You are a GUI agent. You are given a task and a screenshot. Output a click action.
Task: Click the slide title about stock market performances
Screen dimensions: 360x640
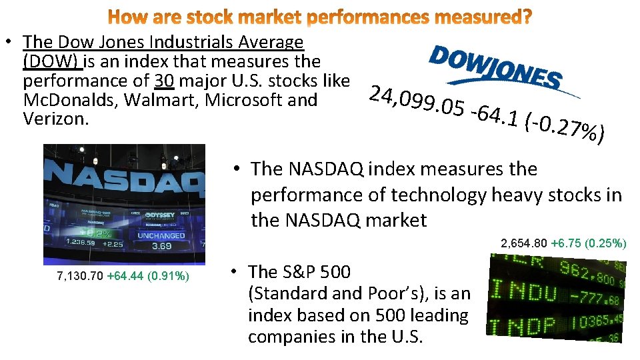(320, 17)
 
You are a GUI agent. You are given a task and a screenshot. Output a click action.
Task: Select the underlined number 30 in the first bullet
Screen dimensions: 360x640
(165, 81)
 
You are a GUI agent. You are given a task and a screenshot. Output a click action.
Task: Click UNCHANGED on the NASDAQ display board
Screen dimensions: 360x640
(161, 235)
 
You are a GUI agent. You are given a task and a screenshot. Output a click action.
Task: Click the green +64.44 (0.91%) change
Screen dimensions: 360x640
(148, 275)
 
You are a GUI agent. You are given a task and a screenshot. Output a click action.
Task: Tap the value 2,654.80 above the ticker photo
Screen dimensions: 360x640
(525, 244)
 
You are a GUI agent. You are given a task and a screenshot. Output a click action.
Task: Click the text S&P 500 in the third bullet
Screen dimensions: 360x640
(299, 272)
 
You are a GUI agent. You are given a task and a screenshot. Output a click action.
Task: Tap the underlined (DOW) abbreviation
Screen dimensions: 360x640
(52, 61)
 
